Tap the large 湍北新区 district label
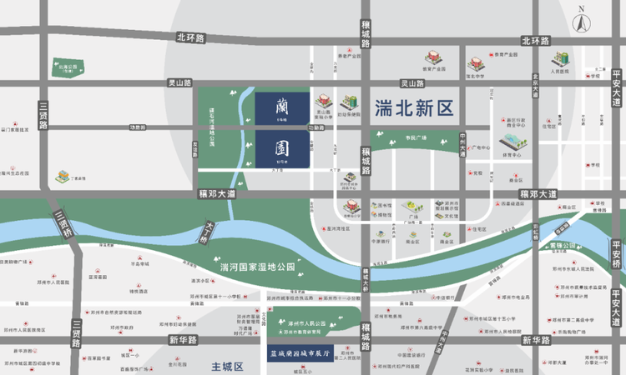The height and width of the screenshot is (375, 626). click(x=413, y=108)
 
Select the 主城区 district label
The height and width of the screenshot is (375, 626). click(x=226, y=366)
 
